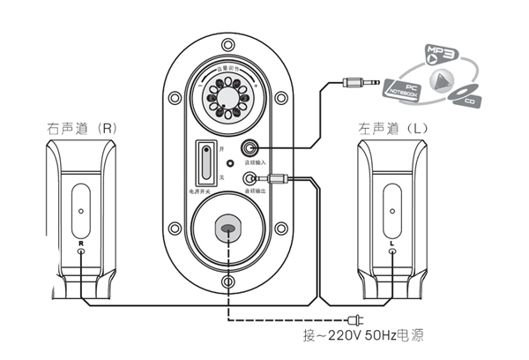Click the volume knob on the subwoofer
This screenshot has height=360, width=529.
(228, 100)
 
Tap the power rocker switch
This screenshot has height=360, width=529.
(206, 163)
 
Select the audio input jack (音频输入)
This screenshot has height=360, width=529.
(253, 150)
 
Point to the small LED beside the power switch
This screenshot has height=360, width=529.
(230, 163)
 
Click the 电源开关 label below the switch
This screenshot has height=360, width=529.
(205, 191)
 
